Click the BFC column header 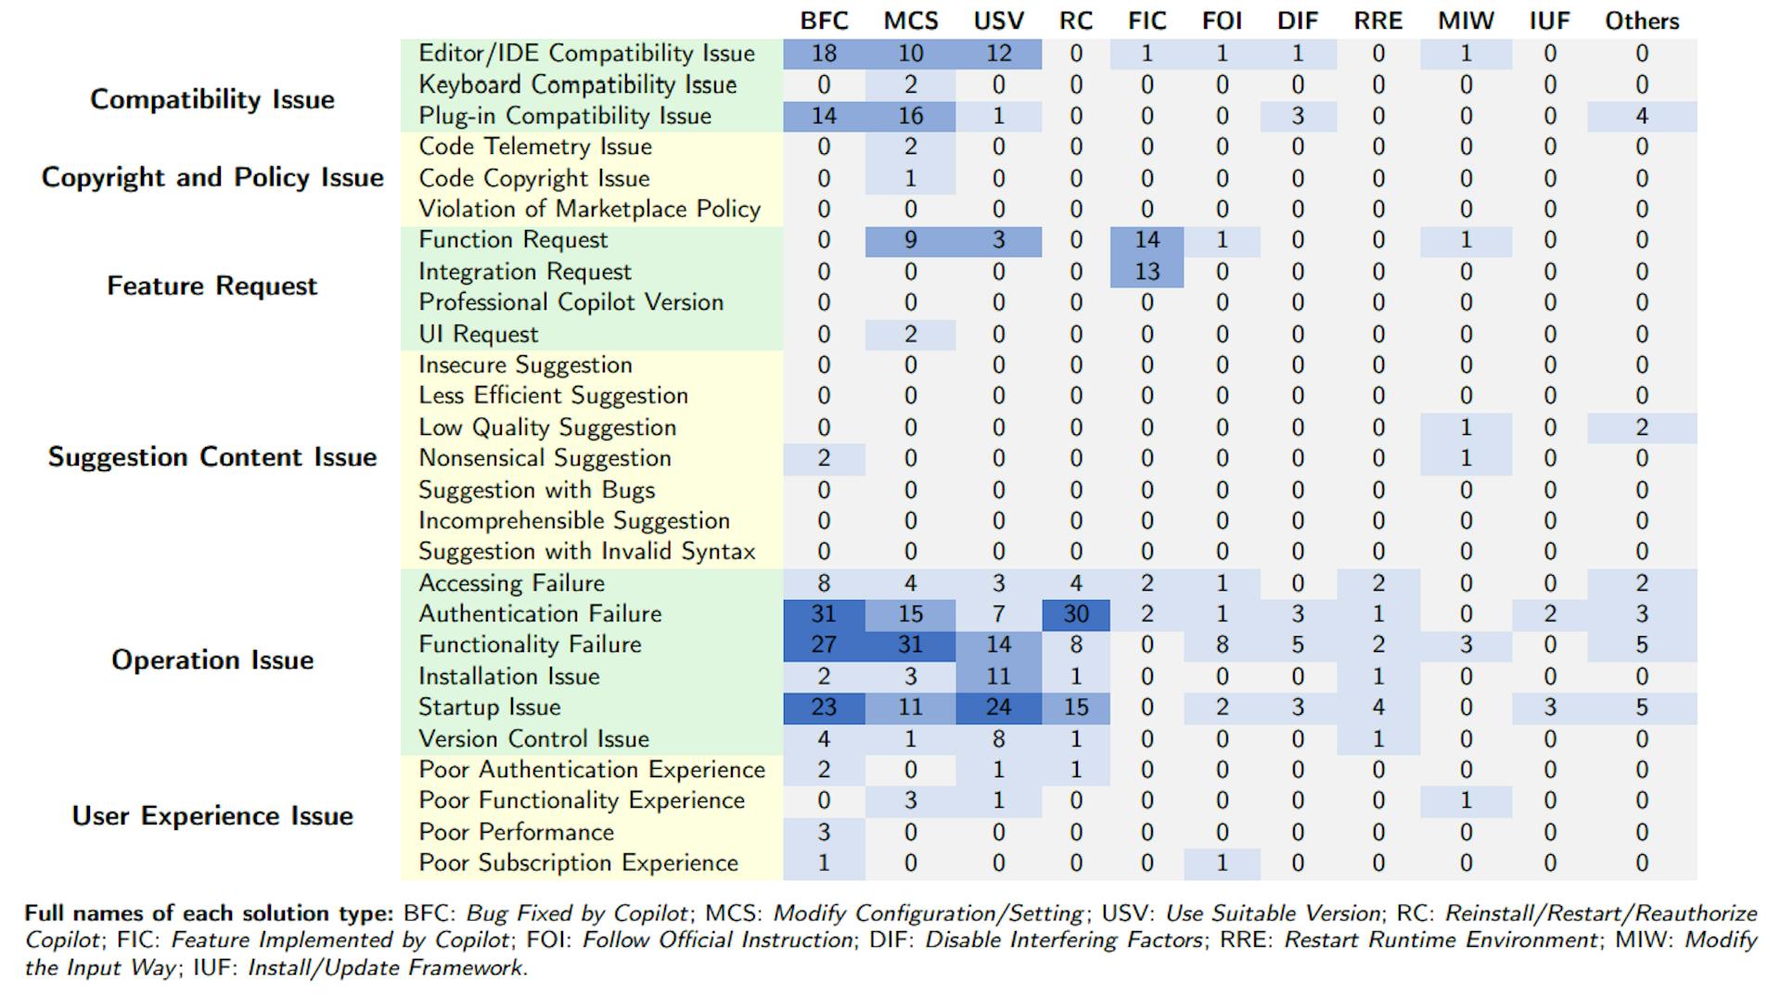click(824, 20)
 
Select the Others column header click(1642, 20)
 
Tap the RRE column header click(1377, 20)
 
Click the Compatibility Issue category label click(212, 99)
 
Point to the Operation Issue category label click(212, 659)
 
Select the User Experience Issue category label click(212, 815)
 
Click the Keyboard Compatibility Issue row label click(577, 84)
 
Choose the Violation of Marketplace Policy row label click(589, 209)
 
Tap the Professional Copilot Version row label click(570, 302)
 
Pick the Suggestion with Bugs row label click(536, 490)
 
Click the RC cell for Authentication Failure click(1076, 614)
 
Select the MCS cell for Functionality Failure click(910, 645)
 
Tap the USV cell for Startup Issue click(998, 707)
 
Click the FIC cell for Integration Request click(1147, 272)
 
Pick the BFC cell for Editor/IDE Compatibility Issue click(824, 54)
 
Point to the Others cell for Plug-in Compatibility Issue click(1642, 116)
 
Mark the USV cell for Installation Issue click(998, 676)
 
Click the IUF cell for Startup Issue click(1549, 707)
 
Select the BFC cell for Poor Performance click(824, 832)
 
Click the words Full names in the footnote click(74, 913)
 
